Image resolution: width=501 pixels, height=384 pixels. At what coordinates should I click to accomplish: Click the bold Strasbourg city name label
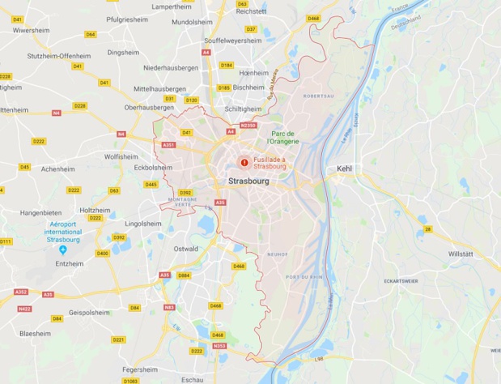[248, 181]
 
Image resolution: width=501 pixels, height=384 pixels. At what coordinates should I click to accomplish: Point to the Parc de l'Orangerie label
[284, 137]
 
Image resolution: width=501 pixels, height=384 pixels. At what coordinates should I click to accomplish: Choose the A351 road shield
[168, 145]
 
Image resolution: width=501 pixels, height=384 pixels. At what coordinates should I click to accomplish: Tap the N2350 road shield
[248, 126]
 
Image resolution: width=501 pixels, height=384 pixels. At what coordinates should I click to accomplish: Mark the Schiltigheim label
[243, 108]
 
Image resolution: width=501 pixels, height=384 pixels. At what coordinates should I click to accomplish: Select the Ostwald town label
[185, 249]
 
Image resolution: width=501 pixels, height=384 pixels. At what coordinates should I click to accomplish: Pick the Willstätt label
[462, 254]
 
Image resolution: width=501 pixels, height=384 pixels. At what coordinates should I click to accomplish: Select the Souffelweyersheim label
[232, 40]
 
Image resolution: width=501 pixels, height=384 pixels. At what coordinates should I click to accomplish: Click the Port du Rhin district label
[305, 278]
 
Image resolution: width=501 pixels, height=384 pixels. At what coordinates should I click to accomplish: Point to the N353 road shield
[219, 346]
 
